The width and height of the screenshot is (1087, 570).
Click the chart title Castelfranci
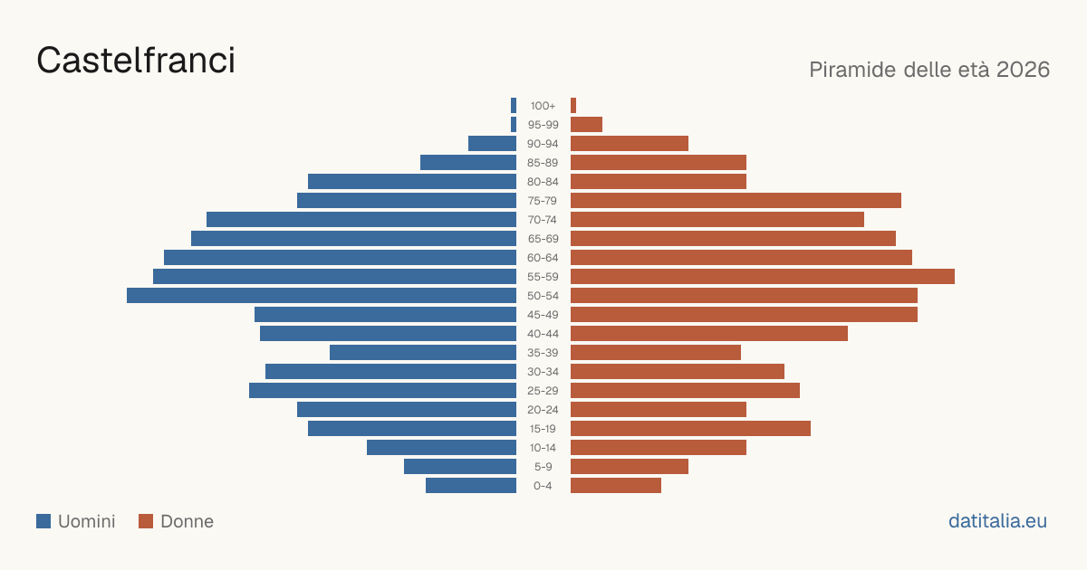point(136,61)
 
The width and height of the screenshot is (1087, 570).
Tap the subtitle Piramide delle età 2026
point(929,70)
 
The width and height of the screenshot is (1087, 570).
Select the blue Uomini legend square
point(43,521)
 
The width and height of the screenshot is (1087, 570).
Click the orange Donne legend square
point(146,521)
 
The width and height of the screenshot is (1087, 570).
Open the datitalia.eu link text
point(997,521)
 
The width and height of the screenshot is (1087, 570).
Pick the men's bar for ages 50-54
point(322,296)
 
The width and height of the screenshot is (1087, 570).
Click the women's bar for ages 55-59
point(763,277)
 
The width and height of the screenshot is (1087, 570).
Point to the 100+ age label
point(543,106)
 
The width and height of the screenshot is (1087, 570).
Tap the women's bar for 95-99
point(586,125)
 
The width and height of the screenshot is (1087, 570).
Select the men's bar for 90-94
point(492,144)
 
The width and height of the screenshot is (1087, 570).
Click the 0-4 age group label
point(543,486)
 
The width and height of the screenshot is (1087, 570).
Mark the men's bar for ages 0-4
point(471,486)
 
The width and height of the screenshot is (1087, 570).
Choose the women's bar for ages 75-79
point(736,201)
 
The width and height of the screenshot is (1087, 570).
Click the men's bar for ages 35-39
point(423,352)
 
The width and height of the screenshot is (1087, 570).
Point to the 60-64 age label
point(543,258)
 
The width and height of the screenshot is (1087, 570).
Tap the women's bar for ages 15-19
point(690,429)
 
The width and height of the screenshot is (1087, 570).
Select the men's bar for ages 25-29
point(382,391)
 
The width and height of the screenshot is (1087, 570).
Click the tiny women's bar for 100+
point(573,106)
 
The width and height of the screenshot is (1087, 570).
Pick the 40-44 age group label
point(543,334)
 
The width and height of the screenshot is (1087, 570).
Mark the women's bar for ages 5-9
point(630,467)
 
